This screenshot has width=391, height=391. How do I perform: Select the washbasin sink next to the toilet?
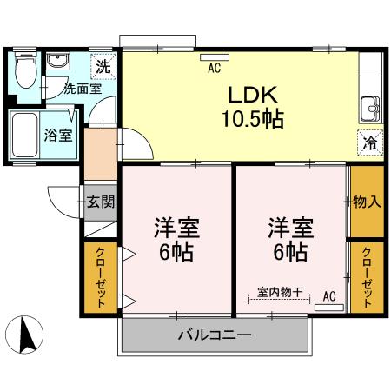click(60, 64)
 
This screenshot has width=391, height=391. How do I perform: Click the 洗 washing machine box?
click(103, 65)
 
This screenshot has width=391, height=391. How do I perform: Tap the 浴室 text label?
click(59, 135)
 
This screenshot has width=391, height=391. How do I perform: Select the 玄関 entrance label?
click(101, 202)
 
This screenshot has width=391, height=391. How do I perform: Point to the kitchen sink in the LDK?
click(369, 109)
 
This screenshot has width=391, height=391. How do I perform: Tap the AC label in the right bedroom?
click(329, 296)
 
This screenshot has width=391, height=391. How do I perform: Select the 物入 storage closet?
click(366, 202)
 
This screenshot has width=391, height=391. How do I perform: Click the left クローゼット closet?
click(101, 279)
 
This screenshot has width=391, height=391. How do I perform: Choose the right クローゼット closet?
click(366, 277)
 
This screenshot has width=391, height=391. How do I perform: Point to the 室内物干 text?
click(280, 294)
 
